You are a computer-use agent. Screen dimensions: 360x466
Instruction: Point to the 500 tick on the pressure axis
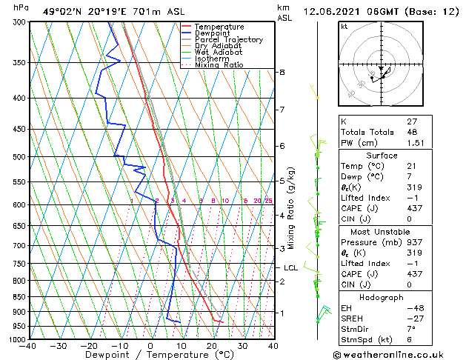pos(18,157)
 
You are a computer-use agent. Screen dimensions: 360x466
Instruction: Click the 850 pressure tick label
pos(18,297)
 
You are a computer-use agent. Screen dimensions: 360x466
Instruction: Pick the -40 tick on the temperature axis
pos(28,346)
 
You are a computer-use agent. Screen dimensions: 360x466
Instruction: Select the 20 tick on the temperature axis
pos(211,346)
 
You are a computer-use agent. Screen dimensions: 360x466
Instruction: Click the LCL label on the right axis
pos(290,268)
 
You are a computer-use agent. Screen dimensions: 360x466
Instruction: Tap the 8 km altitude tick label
pos(282,72)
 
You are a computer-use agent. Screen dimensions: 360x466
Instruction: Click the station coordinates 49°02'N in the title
pos(61,11)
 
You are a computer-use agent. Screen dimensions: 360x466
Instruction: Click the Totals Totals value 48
pos(412,132)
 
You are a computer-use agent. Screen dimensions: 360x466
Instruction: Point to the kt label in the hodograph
pos(344,26)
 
